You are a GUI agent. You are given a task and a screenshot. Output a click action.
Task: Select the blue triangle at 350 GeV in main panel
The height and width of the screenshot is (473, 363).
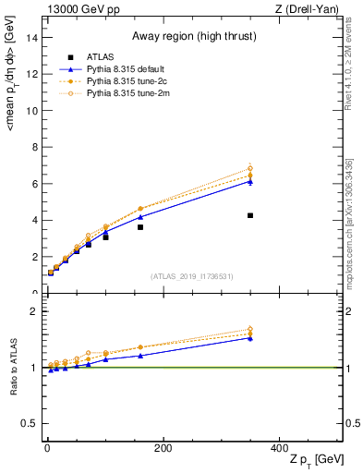pyautogui.click(x=250, y=181)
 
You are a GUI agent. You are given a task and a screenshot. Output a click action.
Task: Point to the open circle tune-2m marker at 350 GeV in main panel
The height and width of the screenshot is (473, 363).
pyautogui.click(x=250, y=168)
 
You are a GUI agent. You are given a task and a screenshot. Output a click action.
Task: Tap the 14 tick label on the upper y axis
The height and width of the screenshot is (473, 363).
pyautogui.click(x=33, y=38)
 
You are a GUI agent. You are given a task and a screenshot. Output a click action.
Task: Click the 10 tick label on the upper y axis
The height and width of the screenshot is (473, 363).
pyautogui.click(x=33, y=111)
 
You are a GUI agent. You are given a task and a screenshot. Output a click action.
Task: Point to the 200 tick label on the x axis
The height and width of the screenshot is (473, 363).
pyautogui.click(x=163, y=447)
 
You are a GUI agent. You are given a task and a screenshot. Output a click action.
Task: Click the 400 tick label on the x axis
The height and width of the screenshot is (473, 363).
pyautogui.click(x=280, y=447)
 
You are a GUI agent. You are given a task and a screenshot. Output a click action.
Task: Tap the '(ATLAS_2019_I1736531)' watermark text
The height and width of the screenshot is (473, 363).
pyautogui.click(x=191, y=276)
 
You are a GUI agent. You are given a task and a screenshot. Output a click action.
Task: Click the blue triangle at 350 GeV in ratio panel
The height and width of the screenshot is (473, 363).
pyautogui.click(x=250, y=338)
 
